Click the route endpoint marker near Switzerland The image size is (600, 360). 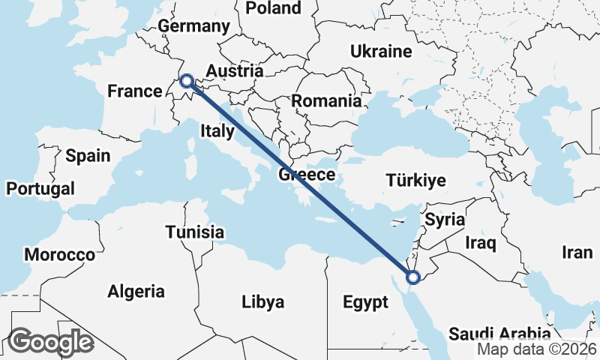[187, 81]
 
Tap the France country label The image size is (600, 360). [135, 91]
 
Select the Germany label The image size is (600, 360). [193, 26]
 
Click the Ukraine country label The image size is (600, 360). [381, 52]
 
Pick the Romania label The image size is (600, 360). [326, 100]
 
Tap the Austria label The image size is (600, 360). [235, 72]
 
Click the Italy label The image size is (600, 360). [217, 131]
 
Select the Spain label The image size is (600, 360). [88, 156]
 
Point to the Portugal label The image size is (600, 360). [40, 188]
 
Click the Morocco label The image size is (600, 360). [60, 254]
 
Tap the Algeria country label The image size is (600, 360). [136, 291]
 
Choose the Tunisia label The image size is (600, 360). [194, 232]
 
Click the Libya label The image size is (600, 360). [263, 302]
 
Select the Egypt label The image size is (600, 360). [365, 302]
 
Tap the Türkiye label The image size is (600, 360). [415, 180]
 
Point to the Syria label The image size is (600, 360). [445, 220]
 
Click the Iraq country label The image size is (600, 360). [481, 243]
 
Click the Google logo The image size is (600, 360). [50, 342]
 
